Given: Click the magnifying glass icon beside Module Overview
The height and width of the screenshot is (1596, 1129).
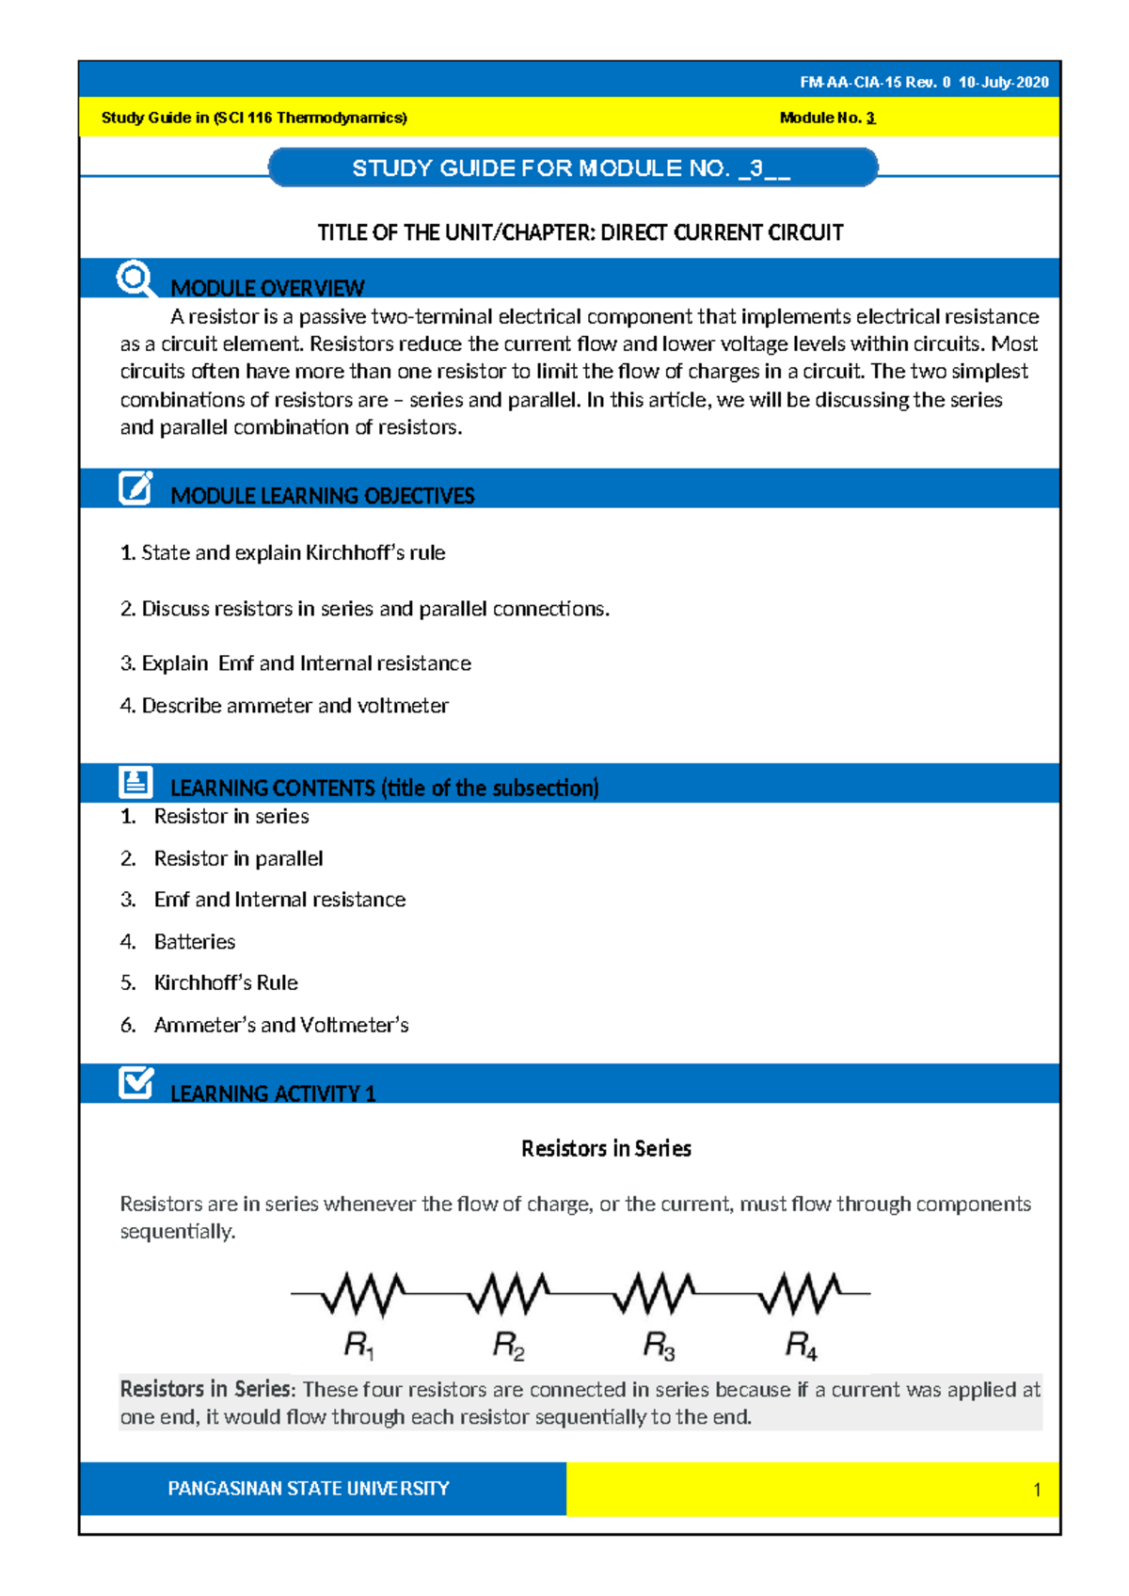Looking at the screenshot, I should coord(135,279).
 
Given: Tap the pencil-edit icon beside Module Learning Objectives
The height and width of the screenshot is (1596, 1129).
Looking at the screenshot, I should coord(135,487).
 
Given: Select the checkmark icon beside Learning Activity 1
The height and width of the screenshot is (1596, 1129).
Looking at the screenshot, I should coord(136,1082).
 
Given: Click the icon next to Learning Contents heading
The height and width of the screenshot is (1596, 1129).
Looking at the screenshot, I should coord(135,781).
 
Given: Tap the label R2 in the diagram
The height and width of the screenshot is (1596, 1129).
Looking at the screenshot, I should coord(508,1346).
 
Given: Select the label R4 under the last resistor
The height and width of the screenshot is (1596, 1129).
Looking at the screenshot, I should coord(801,1346).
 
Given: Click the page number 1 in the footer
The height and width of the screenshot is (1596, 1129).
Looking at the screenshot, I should coord(1037,1490).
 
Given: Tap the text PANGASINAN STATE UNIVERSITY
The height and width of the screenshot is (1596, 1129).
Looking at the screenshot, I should coord(308,1489).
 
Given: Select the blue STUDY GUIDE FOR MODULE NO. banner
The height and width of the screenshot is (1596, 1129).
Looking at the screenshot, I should coord(571,168).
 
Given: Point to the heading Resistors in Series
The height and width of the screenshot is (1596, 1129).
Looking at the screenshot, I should coord(606,1148).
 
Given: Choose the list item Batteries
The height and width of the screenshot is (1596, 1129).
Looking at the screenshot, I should coord(195,941).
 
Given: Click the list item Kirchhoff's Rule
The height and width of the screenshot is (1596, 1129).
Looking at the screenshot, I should coord(226,982).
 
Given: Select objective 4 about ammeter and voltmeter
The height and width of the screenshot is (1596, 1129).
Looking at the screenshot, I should coord(284,706).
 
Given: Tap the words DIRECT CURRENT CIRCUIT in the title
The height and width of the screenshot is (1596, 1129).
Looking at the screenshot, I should coord(722,232).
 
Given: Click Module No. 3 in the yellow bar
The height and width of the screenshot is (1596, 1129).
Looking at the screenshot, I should coord(827,118).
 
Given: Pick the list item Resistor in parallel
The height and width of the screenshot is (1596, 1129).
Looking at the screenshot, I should coord(238,858).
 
